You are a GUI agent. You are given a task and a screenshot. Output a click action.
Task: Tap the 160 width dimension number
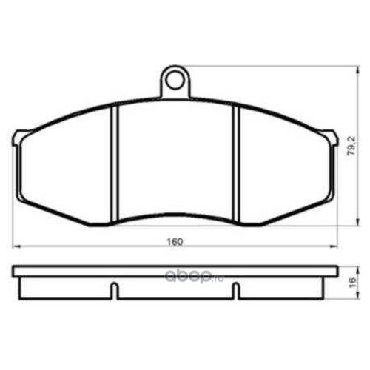coord(175,240)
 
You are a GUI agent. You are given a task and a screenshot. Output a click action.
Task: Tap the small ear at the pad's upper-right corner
coord(330,136)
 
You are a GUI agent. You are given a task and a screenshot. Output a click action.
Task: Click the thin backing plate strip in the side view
coord(175,270)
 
